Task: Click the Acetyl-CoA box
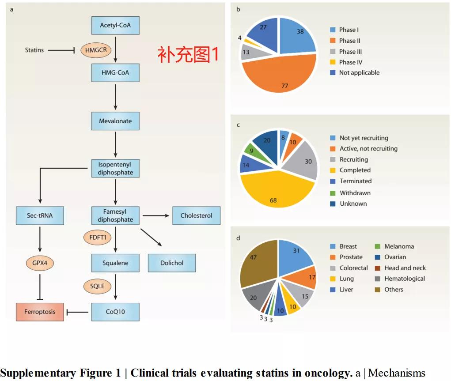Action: (115, 25)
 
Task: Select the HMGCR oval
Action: (94, 50)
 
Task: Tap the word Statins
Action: (34, 50)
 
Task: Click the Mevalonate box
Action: (115, 121)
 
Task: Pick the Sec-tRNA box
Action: (40, 215)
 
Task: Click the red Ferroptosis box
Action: (40, 312)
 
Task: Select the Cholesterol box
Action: (196, 215)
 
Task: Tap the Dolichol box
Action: (172, 263)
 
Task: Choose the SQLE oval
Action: (97, 286)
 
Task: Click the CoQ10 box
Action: (115, 312)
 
